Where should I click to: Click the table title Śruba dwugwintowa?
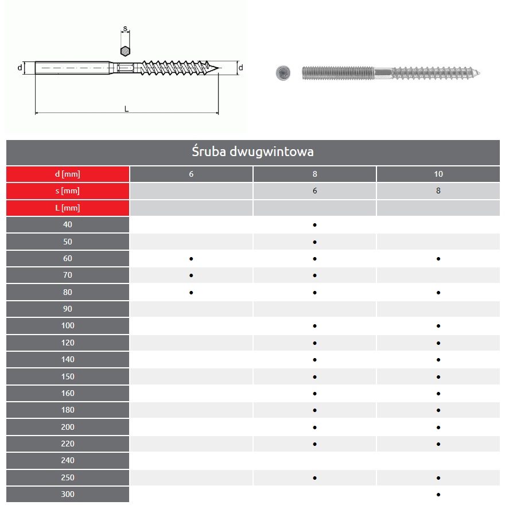tap(252, 151)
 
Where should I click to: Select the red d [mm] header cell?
tap(68, 174)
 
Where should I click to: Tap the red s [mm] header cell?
tap(68, 191)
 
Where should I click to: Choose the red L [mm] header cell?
tap(68, 208)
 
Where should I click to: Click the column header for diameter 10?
tap(438, 174)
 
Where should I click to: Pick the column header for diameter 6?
tap(191, 174)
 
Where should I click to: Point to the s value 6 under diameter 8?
tap(314, 191)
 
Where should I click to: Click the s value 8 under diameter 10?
tap(438, 191)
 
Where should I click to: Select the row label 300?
tap(68, 494)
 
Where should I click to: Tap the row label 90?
tap(68, 309)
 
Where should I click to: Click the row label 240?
tap(68, 460)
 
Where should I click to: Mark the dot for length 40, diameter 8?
tap(314, 225)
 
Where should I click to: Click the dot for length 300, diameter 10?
tap(438, 495)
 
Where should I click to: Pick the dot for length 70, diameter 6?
tap(191, 275)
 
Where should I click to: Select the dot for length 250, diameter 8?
tap(314, 478)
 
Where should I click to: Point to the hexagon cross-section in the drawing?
tap(125, 51)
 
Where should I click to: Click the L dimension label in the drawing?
tap(127, 109)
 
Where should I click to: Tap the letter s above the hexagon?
tap(125, 29)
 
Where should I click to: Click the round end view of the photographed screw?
tap(283, 73)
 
